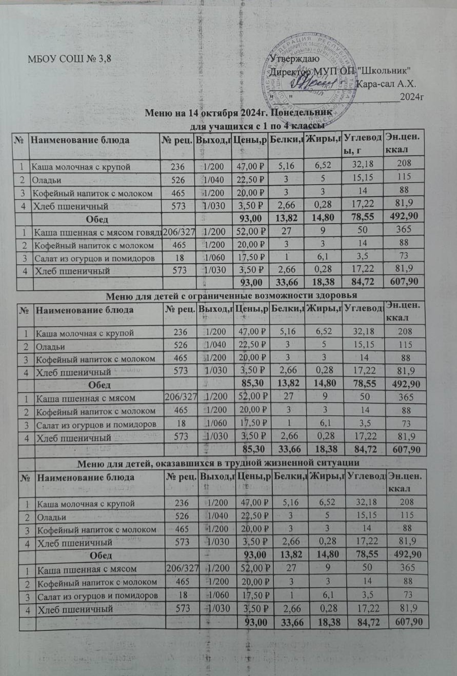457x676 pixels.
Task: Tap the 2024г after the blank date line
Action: (x=411, y=96)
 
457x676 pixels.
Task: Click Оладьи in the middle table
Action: (x=46, y=346)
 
